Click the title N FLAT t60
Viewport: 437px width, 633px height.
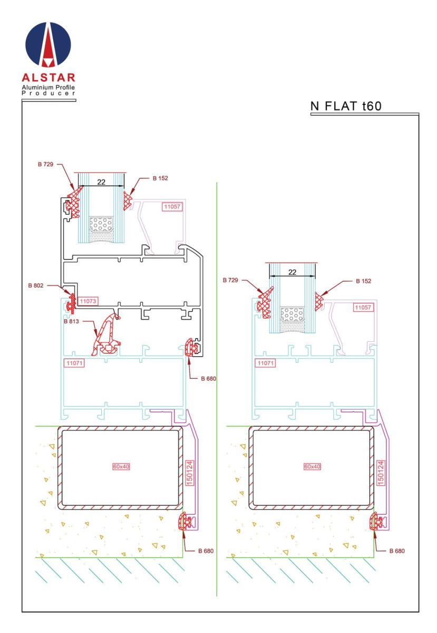pyautogui.click(x=346, y=105)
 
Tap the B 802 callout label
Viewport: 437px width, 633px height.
pyautogui.click(x=37, y=285)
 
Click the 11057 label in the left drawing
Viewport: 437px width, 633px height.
pyautogui.click(x=172, y=207)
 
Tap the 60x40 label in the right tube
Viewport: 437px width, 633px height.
pyautogui.click(x=313, y=466)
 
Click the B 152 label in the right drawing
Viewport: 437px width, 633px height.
pyautogui.click(x=363, y=281)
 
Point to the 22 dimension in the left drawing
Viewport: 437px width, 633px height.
pyautogui.click(x=102, y=181)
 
